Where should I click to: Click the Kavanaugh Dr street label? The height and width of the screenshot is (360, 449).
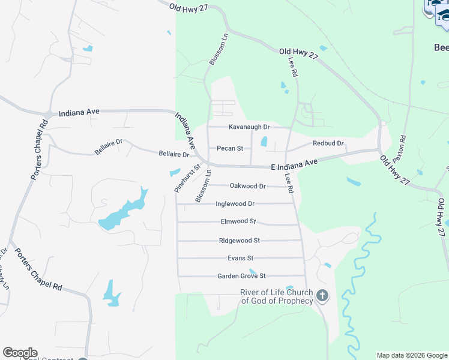coord(249,127)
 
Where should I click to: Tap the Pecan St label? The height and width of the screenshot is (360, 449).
coord(229,148)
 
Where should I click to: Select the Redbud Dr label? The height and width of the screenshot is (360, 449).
coord(328,144)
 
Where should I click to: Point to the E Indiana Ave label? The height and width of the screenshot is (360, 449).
coord(294,164)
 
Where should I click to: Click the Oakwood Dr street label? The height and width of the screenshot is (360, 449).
coord(247,186)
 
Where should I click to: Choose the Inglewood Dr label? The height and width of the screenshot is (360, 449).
coord(235,204)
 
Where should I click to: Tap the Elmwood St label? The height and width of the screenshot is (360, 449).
coord(238,221)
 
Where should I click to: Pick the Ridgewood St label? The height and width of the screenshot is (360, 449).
coord(239,241)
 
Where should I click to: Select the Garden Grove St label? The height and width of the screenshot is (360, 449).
coord(241,276)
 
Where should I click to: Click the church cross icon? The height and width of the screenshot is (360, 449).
coord(322,296)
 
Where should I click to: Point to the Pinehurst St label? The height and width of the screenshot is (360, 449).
coord(187,178)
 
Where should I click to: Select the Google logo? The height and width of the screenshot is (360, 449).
coord(20,353)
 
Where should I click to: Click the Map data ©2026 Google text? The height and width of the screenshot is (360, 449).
coord(412,355)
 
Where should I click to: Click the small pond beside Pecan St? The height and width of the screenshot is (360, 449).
coord(264,142)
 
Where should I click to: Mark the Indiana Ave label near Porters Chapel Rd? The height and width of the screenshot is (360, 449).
coord(79,112)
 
